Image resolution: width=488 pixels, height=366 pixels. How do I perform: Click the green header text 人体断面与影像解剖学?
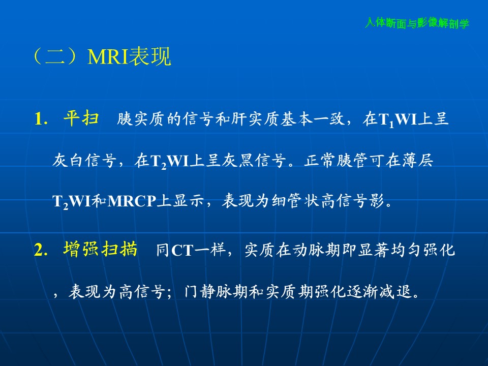[417, 23]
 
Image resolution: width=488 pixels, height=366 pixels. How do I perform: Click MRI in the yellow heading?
[108, 56]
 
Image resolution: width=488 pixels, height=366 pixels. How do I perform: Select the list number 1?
[41, 119]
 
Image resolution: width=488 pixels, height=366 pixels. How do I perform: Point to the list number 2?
[41, 250]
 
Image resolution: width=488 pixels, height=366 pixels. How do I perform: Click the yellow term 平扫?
[81, 118]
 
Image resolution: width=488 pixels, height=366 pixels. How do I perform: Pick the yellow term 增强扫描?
[100, 249]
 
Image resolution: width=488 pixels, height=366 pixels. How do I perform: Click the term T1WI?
[398, 119]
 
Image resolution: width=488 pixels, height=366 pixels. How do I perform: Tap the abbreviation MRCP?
[132, 201]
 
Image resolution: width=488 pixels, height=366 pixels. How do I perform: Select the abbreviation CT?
[182, 251]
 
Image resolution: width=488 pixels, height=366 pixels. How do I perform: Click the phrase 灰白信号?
[84, 161]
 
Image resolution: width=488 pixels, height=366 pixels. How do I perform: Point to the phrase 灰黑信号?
[254, 161]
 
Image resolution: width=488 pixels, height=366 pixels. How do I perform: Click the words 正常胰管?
[336, 161]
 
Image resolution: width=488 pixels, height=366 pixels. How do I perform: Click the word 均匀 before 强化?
[406, 250]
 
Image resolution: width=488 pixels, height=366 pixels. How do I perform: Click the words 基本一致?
[312, 119]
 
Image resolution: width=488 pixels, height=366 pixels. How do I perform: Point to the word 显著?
[373, 250]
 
